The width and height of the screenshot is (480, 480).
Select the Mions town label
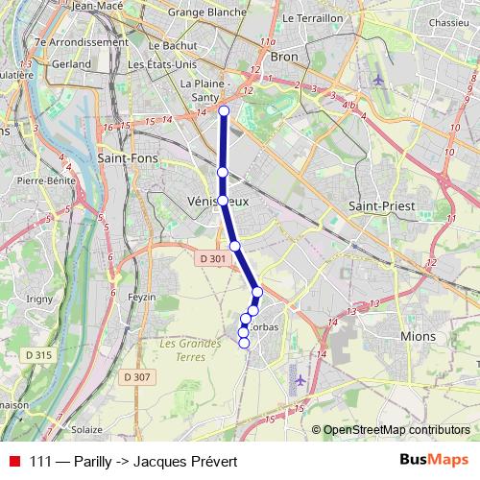(419, 336)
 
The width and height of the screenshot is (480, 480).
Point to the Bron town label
(285, 57)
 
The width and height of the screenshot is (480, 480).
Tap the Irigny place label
(40, 300)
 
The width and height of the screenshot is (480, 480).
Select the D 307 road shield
(137, 376)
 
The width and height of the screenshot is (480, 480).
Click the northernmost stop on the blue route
(224, 111)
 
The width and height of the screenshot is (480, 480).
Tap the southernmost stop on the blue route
(244, 343)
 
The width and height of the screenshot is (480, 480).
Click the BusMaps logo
(434, 461)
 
